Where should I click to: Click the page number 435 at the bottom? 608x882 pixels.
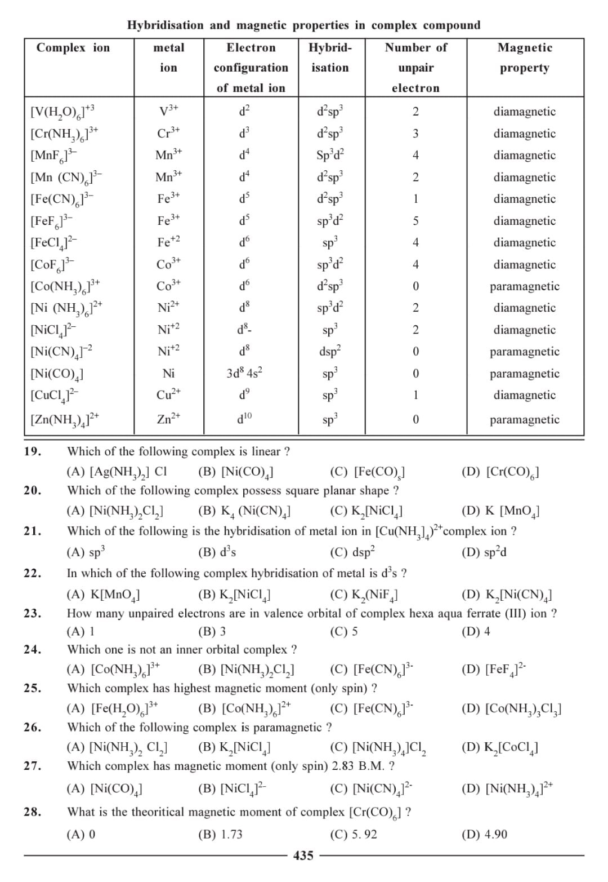click(303, 856)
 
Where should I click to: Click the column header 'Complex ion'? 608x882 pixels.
click(73, 48)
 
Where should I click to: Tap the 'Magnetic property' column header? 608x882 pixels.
click(525, 57)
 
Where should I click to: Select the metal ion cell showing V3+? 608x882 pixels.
click(168, 111)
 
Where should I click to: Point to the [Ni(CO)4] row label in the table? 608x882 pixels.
click(57, 374)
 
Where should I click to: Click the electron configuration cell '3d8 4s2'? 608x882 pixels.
click(245, 373)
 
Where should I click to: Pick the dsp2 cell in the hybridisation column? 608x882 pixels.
click(330, 352)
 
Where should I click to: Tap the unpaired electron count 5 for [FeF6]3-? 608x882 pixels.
click(415, 221)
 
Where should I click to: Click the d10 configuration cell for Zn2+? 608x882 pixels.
click(245, 419)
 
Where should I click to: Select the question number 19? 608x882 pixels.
click(33, 451)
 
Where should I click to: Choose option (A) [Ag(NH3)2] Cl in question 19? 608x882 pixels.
click(117, 472)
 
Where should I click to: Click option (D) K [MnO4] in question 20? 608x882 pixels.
click(500, 511)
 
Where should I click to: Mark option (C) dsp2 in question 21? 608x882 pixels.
click(352, 552)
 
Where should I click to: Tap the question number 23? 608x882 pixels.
click(33, 613)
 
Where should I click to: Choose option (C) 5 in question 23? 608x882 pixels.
click(344, 631)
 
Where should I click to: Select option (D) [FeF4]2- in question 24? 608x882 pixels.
click(494, 670)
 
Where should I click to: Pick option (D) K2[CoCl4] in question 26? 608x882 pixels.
click(499, 748)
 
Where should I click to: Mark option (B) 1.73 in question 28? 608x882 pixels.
click(221, 834)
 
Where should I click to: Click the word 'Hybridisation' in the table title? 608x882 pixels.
click(166, 25)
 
